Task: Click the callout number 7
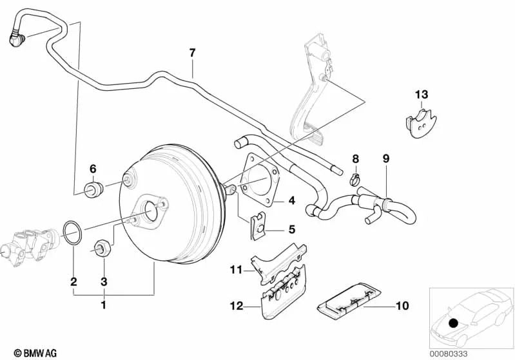pos(191,53)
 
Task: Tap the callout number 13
pos(420,95)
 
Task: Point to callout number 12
pos(236,306)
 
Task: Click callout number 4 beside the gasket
pos(291,201)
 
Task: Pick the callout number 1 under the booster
pos(104,304)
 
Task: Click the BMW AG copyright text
pos(31,352)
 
